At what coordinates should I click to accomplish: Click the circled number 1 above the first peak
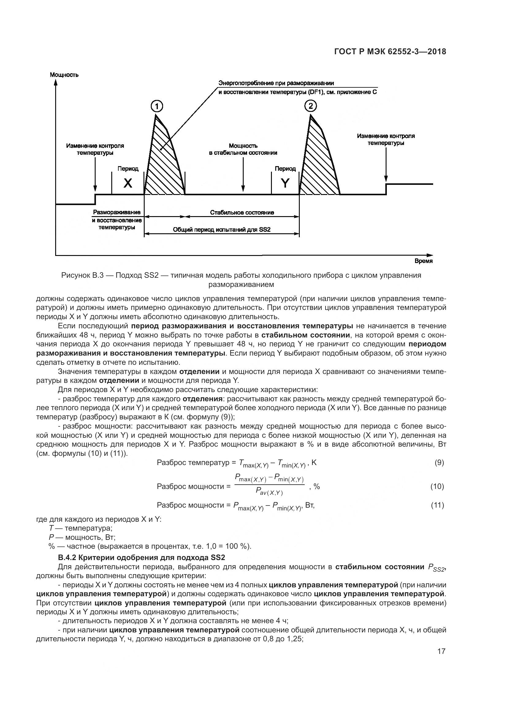tap(157, 107)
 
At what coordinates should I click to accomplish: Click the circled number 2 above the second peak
tap(310, 106)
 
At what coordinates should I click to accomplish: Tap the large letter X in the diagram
tap(128, 183)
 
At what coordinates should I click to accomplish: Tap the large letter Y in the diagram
tap(285, 183)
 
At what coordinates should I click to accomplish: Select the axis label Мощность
tap(64, 75)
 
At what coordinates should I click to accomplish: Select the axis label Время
tap(423, 261)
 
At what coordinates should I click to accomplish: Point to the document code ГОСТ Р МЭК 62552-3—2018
tap(390, 52)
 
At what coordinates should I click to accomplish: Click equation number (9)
tap(439, 463)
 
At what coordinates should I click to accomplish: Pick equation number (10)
tap(437, 486)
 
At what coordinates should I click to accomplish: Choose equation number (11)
tap(437, 505)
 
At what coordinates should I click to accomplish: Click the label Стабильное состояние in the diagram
tap(242, 213)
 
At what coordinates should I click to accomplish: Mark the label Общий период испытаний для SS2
tap(222, 230)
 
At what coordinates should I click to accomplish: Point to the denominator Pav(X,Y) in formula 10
tap(269, 492)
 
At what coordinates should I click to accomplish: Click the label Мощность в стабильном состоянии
tap(243, 149)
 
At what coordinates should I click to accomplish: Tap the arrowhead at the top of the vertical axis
tap(55, 82)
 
